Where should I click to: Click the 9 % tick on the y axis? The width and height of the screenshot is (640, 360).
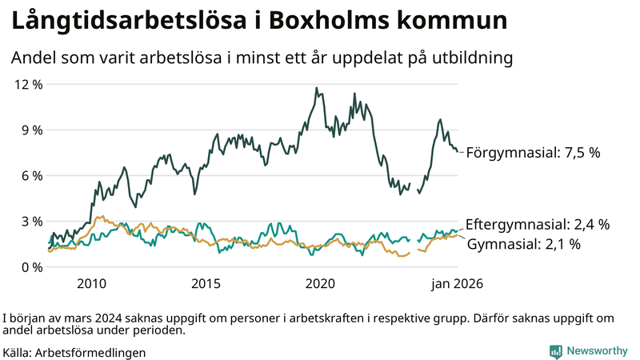30,130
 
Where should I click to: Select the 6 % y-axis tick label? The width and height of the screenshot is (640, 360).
30,175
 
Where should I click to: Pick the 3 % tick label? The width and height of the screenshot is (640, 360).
30,221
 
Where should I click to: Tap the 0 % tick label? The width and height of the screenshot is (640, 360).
30,266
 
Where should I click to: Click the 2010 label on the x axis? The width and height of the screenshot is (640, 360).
91,283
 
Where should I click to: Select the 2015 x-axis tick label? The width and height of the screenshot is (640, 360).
206,283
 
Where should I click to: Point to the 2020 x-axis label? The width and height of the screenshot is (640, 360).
320,283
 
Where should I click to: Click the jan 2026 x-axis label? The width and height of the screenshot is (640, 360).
457,283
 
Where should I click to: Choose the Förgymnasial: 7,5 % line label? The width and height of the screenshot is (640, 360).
533,152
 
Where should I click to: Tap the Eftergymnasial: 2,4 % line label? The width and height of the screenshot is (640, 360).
538,224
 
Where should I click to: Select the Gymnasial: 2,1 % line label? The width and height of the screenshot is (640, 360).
523,243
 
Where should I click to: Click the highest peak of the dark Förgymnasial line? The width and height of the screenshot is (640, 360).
316,88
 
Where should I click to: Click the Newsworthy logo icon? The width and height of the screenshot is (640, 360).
555,351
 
